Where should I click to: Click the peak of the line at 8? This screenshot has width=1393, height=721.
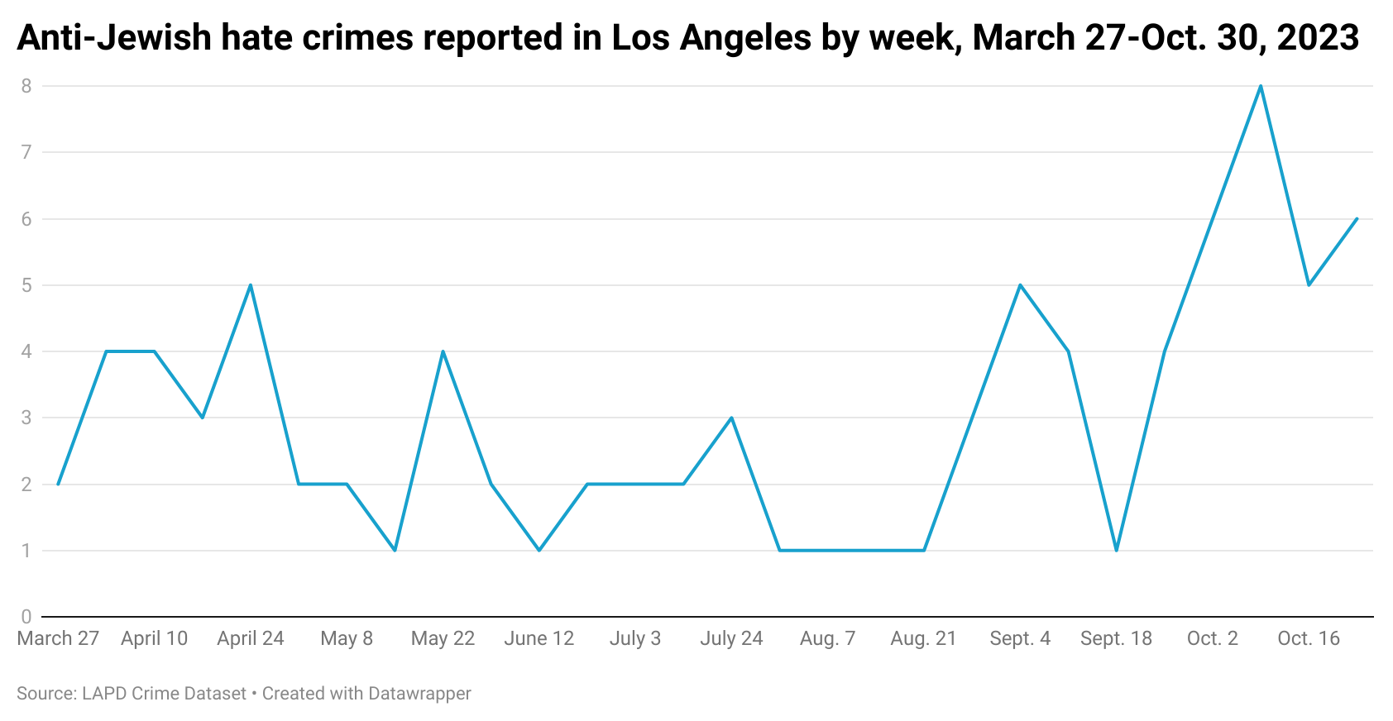1260,86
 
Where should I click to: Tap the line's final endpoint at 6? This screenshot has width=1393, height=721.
1357,219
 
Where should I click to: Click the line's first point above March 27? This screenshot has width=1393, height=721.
58,484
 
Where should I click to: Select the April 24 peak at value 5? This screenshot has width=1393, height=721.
251,285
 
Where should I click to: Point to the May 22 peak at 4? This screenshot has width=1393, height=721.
443,351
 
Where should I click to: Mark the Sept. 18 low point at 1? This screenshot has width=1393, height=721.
1116,550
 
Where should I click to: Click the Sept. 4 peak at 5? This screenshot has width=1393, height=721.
1020,285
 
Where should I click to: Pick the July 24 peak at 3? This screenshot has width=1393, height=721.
731,418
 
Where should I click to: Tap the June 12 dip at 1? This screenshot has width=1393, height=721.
539,550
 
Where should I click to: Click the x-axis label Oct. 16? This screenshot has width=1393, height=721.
1308,638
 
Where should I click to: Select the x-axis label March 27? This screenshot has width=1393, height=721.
58,638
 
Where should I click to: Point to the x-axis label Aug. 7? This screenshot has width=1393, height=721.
827,638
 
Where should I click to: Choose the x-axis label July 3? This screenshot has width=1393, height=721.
635,638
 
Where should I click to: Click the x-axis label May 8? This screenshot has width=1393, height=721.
347,638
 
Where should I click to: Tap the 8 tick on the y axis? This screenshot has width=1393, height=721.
26,86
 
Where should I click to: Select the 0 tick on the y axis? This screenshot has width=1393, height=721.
26,617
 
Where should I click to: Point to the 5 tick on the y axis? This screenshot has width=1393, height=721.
26,285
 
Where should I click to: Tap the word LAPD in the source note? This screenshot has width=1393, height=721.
103,693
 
